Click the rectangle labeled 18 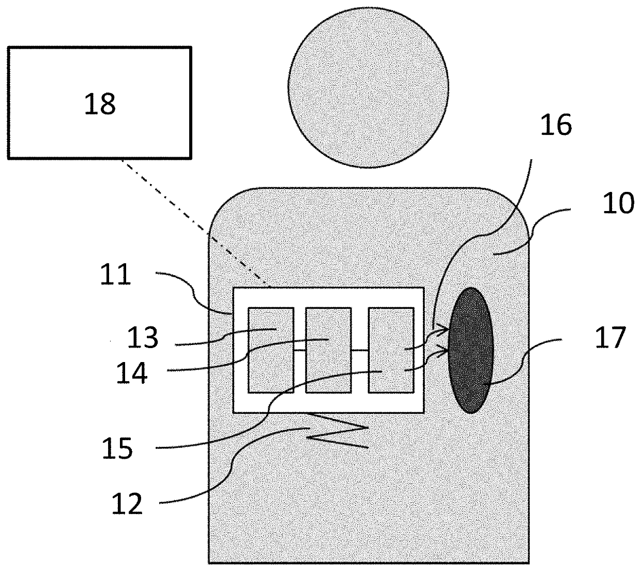[100, 102]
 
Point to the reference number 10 [618, 204]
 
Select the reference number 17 [610, 339]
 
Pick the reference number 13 [143, 338]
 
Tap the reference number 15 [117, 448]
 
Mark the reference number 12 [127, 503]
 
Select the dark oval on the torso [470, 350]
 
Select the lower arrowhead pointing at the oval [445, 351]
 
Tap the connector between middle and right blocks [360, 350]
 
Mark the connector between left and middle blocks [300, 350]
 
